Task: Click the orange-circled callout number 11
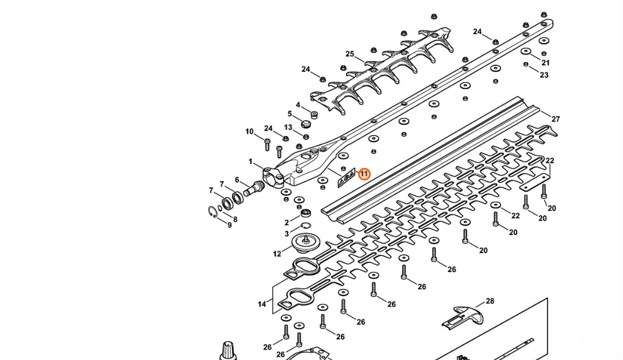[x=364, y=174]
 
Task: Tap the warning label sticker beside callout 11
[x=346, y=177]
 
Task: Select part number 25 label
[x=350, y=54]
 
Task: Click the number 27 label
[x=556, y=119]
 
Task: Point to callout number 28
[x=490, y=301]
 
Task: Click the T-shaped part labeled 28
[x=463, y=316]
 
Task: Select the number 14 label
[x=261, y=304]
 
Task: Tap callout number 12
[x=277, y=254]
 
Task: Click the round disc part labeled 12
[x=306, y=243]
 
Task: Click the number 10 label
[x=249, y=132]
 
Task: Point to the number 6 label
[x=237, y=180]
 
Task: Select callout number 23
[x=544, y=74]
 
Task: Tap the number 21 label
[x=545, y=63]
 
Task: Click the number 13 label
[x=288, y=127]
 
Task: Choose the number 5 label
[x=290, y=114]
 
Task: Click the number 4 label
[x=298, y=105]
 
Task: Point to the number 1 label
[x=250, y=162]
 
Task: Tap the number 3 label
[x=287, y=234]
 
